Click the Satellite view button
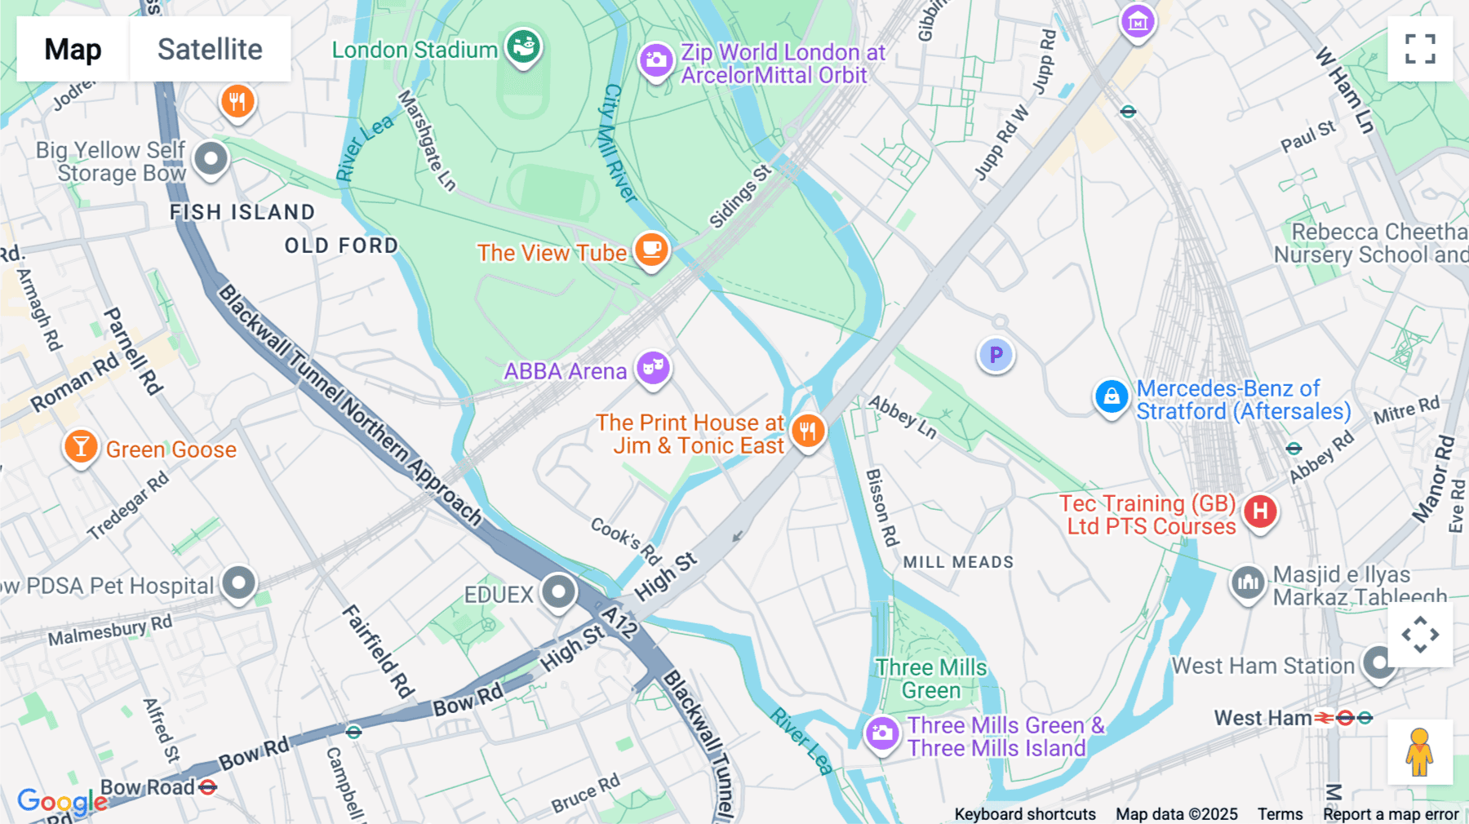[x=210, y=49]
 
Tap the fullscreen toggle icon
[x=1420, y=49]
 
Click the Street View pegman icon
[x=1420, y=752]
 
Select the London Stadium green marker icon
[x=523, y=47]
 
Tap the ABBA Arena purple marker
[x=653, y=368]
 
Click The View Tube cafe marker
[x=651, y=250]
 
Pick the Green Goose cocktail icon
[x=81, y=447]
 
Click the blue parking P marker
[x=996, y=355]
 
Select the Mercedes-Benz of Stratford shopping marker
[x=1111, y=397]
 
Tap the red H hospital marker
[x=1260, y=512]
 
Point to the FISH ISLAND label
[x=242, y=212]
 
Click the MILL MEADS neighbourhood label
[x=958, y=562]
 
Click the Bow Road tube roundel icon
[x=208, y=787]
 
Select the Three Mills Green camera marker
[x=882, y=733]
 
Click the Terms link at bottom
[x=1280, y=814]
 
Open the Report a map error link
[x=1391, y=814]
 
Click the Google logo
[x=62, y=801]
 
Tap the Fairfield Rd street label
[x=378, y=651]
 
